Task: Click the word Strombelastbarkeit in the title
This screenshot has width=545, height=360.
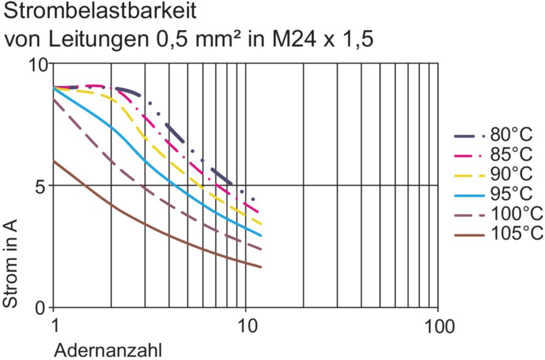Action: pyautogui.click(x=100, y=10)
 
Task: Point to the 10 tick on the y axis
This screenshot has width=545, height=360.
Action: pyautogui.click(x=39, y=65)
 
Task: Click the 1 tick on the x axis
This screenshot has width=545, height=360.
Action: pyautogui.click(x=55, y=327)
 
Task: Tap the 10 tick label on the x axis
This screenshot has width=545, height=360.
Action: pyautogui.click(x=247, y=327)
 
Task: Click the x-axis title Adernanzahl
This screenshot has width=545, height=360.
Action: pyautogui.click(x=107, y=350)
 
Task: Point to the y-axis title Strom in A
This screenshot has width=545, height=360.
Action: pyautogui.click(x=10, y=263)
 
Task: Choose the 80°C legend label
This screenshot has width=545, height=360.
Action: pyautogui.click(x=511, y=134)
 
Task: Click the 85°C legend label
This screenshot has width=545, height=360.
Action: pyautogui.click(x=511, y=154)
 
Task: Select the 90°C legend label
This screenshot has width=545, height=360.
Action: pyautogui.click(x=511, y=174)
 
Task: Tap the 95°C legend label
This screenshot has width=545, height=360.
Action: pyautogui.click(x=511, y=194)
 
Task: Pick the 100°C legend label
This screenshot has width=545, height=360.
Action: pyautogui.click(x=517, y=214)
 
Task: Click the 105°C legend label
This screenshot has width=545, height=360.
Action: pyautogui.click(x=517, y=233)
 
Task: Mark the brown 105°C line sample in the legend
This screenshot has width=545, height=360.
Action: pyautogui.click(x=469, y=236)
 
